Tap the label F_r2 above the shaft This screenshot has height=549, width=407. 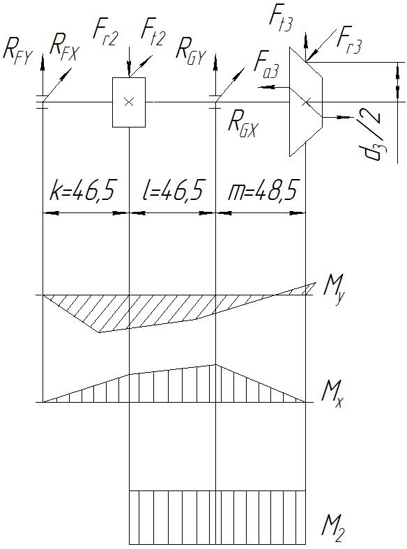tap(105, 35)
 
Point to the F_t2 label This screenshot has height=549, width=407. tap(153, 35)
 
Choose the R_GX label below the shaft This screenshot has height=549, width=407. tap(243, 123)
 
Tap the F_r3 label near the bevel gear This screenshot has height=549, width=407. tap(348, 42)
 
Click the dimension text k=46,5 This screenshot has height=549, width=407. tap(83, 192)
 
